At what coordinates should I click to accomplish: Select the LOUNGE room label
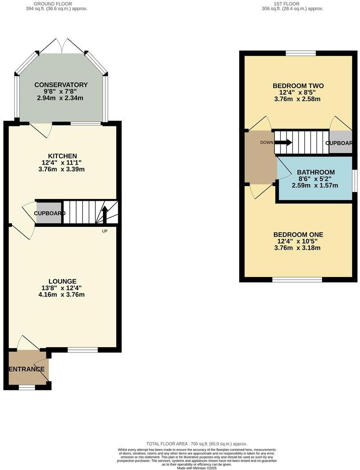coord(62,281)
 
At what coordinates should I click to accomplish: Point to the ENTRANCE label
coord(27,369)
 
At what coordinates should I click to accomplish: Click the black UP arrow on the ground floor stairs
coord(105,215)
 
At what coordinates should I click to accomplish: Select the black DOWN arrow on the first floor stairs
coord(284,142)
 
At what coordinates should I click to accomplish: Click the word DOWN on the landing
coord(267,142)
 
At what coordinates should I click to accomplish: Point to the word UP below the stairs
coord(105,231)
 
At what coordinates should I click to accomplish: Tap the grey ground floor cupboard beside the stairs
coord(49,213)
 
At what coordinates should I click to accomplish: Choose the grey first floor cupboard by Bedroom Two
coord(340,143)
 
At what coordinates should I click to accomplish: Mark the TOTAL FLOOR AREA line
coord(196,444)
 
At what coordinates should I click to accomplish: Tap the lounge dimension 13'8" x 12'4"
coord(62,288)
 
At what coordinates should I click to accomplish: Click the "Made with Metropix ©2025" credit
coord(196,468)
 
